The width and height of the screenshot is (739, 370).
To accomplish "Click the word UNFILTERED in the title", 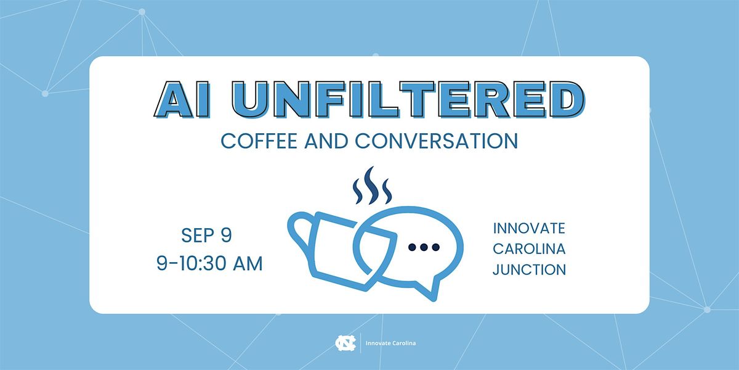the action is (x=410, y=99).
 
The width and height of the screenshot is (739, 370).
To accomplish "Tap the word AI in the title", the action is (x=182, y=99).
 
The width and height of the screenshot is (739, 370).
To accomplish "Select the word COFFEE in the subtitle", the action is (x=259, y=141).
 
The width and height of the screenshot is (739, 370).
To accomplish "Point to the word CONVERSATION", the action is (x=437, y=141).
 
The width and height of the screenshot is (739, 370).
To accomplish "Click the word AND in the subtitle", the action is (x=326, y=141).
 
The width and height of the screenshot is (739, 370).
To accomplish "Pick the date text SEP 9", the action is (x=206, y=235).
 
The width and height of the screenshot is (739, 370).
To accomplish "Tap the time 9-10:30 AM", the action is (x=209, y=263).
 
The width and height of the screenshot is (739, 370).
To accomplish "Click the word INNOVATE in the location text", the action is (x=529, y=229).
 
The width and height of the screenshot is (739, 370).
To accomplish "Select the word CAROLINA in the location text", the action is (x=529, y=249).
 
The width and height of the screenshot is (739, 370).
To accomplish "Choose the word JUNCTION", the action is (x=529, y=269).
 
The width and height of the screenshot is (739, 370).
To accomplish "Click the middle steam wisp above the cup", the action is (x=372, y=185).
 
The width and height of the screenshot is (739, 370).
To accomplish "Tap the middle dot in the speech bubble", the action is (x=424, y=247).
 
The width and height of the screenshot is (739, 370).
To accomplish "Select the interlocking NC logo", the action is (x=345, y=343).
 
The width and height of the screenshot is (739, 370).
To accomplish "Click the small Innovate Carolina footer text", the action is (x=390, y=343).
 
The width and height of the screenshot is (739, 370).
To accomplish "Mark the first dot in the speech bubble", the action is (x=412, y=247).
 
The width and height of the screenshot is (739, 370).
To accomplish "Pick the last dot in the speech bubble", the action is (x=436, y=247).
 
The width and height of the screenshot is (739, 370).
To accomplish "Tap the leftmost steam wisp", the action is (x=358, y=192).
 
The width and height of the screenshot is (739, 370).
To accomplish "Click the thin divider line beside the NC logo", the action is (x=361, y=343).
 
